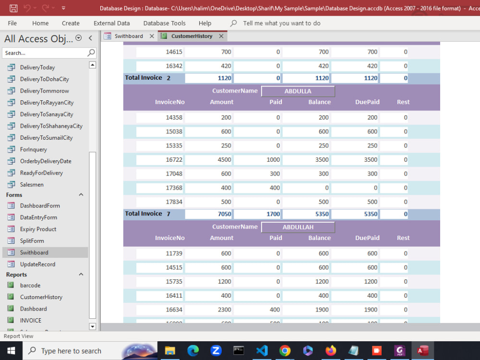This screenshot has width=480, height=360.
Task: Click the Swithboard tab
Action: click(128, 36)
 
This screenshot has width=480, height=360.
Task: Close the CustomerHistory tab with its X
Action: click(221, 36)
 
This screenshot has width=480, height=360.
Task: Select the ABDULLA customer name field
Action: click(298, 91)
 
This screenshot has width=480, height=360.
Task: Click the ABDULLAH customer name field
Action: click(298, 227)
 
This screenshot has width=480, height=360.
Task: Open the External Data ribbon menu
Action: click(111, 23)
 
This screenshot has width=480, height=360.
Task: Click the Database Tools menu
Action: click(164, 23)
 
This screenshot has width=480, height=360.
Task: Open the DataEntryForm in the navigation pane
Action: click(38, 217)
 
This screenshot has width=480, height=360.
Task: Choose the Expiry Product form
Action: click(38, 229)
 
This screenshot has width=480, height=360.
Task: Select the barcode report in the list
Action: click(30, 286)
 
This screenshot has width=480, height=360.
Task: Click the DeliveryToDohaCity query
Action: click(44, 79)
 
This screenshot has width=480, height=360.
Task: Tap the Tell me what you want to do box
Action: click(281, 23)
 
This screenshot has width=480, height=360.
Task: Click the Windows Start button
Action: click(11, 351)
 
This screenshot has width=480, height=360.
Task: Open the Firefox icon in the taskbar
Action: click(331, 351)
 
